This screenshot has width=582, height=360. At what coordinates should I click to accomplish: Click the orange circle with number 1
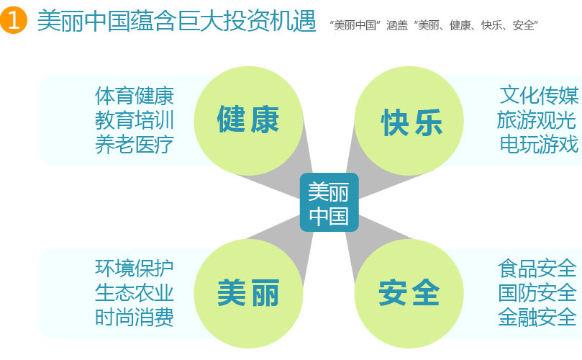14,20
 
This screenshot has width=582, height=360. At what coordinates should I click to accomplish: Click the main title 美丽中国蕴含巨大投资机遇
177,21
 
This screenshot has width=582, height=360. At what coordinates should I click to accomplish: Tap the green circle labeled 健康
248,121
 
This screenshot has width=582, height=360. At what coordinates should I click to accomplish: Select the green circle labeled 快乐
409,121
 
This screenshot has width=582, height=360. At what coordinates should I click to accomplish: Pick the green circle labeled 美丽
248,294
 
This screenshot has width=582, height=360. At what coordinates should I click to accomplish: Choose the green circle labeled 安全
409,294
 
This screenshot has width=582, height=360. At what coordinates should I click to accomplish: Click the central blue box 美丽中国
329,202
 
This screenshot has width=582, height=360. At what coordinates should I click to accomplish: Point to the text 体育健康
135,96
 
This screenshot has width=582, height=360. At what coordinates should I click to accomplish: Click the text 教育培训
135,120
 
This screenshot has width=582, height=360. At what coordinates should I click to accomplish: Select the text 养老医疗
135,144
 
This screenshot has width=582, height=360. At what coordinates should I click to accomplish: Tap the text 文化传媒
539,96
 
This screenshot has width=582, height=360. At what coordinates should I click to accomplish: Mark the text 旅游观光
537,120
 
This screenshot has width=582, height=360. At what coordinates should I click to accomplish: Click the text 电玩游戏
539,144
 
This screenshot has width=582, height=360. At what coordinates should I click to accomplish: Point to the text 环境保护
135,269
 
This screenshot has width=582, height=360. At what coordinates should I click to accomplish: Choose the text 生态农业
135,293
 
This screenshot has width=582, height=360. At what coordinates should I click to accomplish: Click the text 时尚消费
135,318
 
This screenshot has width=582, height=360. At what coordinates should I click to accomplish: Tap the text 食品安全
537,269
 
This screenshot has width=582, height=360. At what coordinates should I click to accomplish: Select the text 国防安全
537,293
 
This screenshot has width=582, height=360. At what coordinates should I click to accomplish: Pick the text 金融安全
537,318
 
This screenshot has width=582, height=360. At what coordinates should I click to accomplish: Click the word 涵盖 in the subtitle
397,25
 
